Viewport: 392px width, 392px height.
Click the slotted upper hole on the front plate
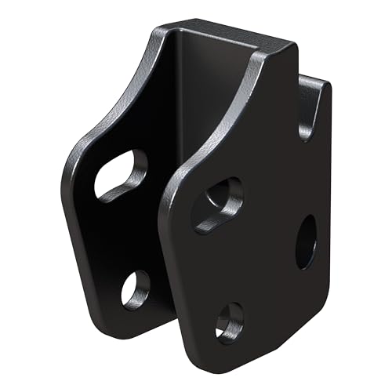[217, 202]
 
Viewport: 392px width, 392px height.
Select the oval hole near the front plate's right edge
[307, 242]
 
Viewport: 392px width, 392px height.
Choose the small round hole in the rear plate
[135, 289]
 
